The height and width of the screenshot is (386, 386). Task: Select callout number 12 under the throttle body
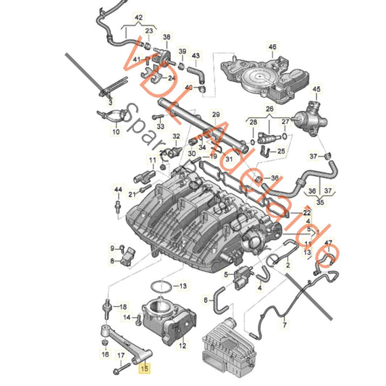tap(182, 346)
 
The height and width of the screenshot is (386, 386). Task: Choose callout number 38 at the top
tap(167, 36)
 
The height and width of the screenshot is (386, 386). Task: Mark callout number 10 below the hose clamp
tap(115, 133)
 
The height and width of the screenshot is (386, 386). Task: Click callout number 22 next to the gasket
tap(307, 212)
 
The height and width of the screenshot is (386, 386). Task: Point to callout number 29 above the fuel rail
tap(215, 114)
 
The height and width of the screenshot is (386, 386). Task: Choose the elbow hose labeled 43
tap(196, 73)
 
